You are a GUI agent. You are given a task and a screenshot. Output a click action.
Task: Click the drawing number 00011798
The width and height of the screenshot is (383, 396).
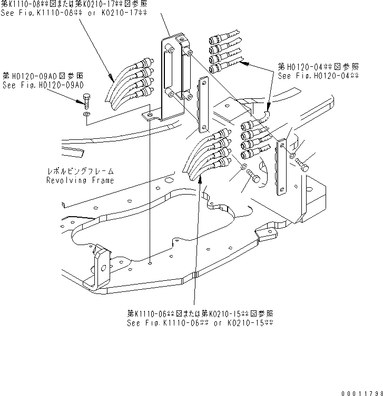(359, 389)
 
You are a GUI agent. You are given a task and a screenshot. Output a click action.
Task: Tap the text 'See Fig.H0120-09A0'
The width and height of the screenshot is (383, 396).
(44, 84)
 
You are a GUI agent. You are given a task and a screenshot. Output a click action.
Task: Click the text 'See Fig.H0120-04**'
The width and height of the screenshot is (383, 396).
(318, 76)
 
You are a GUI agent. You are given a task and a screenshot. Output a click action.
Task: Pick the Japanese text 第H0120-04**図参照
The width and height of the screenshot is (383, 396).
(318, 67)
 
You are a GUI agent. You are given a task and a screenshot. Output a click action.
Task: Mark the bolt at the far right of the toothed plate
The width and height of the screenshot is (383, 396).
(302, 164)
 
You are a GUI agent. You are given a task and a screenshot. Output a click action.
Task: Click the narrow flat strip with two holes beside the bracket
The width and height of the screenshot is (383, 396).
(202, 105)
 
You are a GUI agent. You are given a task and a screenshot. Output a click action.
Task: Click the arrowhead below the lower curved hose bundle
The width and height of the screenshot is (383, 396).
(199, 186)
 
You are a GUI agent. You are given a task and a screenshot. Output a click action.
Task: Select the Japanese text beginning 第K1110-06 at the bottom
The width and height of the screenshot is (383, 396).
(201, 313)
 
